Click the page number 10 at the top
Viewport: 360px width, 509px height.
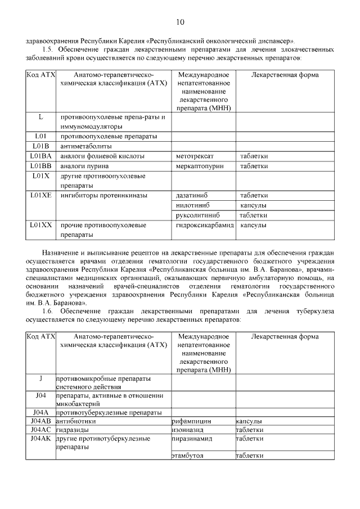pyautogui.click(x=180, y=22)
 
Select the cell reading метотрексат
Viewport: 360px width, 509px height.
pyautogui.click(x=194, y=156)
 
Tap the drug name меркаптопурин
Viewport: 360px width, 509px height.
pyautogui.click(x=199, y=166)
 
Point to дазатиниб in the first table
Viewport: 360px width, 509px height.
pyautogui.click(x=192, y=195)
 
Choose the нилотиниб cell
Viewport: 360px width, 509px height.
pyautogui.click(x=192, y=205)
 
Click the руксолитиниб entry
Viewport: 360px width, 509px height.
pyautogui.click(x=197, y=215)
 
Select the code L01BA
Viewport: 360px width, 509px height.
pyautogui.click(x=41, y=156)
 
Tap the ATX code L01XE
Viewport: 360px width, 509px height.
pyautogui.click(x=41, y=195)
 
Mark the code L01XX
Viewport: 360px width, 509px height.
pyautogui.click(x=41, y=225)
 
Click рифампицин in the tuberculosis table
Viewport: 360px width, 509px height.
pyautogui.click(x=191, y=421)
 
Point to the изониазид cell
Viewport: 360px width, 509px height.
pyautogui.click(x=188, y=430)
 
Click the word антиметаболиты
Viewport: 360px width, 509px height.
pyautogui.click(x=87, y=146)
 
